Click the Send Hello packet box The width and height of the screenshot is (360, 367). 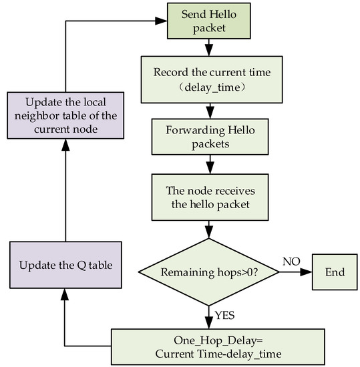tap(210, 21)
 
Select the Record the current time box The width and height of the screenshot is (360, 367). tap(210, 77)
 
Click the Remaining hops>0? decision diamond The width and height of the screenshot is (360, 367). tap(210, 272)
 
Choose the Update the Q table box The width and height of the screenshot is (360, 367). tap(64, 265)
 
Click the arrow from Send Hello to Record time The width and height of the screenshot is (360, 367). tap(210, 47)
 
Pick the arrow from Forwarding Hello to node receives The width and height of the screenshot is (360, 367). tap(210, 164)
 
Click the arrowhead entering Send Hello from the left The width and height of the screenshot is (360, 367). tap(161, 21)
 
